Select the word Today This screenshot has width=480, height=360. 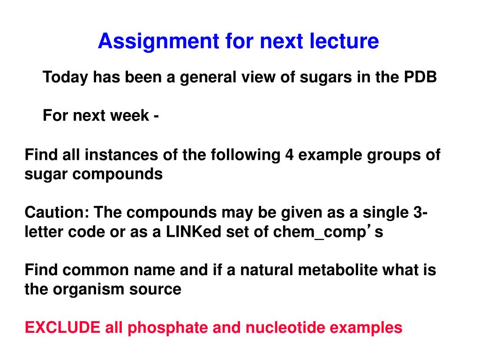click(65, 77)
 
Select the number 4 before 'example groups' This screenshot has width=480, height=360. click(289, 155)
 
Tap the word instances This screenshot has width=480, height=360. click(121, 155)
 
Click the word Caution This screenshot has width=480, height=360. click(57, 212)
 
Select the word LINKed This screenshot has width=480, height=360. click(194, 232)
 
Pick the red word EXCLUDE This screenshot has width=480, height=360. click(62, 328)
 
